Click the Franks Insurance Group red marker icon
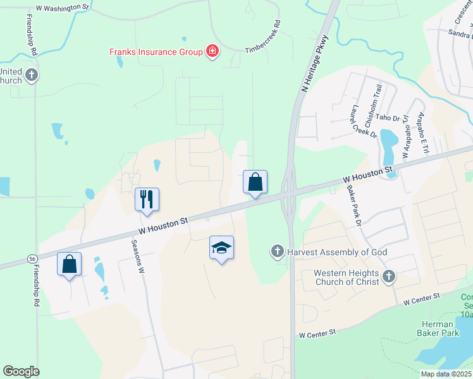212,52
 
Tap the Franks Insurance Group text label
156,52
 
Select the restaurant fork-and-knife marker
147,200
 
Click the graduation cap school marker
221,248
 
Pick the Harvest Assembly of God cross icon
277,252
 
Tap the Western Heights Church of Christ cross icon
388,276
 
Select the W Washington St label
63,8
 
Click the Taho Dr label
388,117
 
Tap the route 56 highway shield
31,259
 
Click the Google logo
21,371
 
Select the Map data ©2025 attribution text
446,374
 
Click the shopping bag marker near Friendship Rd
70,263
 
